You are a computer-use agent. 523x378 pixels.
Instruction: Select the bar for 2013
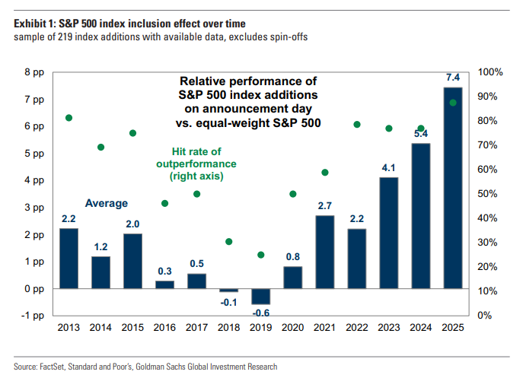69,258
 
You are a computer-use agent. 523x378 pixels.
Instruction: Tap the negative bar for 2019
260,297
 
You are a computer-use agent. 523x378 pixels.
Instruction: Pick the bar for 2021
324,252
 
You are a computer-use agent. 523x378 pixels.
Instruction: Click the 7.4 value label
452,78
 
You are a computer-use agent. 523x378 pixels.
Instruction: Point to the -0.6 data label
260,313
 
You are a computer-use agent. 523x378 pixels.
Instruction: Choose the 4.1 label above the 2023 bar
388,168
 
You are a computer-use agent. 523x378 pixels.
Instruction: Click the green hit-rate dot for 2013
69,118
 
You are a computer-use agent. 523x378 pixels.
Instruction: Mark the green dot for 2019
260,255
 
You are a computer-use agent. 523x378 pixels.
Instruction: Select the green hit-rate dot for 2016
164,203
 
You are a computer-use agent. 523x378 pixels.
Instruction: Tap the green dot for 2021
324,173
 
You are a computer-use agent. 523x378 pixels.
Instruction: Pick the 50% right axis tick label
487,194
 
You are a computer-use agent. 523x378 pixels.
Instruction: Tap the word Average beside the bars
106,203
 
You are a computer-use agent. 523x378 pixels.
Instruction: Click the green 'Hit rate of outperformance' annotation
196,164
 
